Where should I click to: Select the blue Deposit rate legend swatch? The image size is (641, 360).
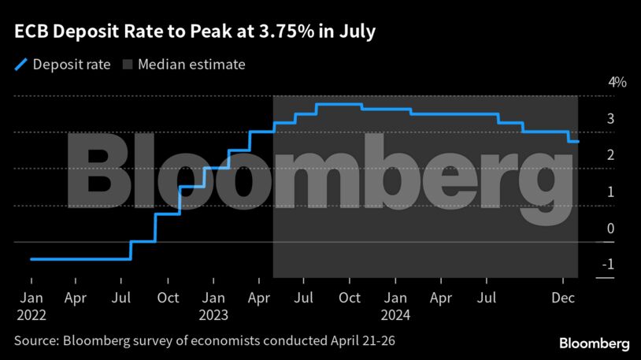pyautogui.click(x=20, y=65)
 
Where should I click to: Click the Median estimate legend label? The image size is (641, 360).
pyautogui.click(x=191, y=65)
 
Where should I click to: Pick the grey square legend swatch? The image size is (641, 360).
pyautogui.click(x=128, y=65)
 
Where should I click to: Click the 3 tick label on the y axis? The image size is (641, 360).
pyautogui.click(x=610, y=119)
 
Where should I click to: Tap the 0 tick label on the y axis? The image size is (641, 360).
pyautogui.click(x=610, y=228)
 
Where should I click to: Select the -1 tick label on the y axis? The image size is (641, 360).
pyautogui.click(x=607, y=265)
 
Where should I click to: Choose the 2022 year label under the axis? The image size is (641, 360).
pyautogui.click(x=31, y=314)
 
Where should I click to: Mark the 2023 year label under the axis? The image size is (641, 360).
pyautogui.click(x=213, y=314)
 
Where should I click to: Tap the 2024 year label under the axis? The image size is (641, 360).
pyautogui.click(x=396, y=314)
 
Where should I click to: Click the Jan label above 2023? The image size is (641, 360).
pyautogui.click(x=213, y=299)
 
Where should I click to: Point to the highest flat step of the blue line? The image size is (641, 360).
pyautogui.click(x=339, y=105)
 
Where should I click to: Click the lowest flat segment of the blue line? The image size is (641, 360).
pyautogui.click(x=79, y=258)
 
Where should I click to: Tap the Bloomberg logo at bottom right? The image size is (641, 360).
pyautogui.click(x=594, y=343)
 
